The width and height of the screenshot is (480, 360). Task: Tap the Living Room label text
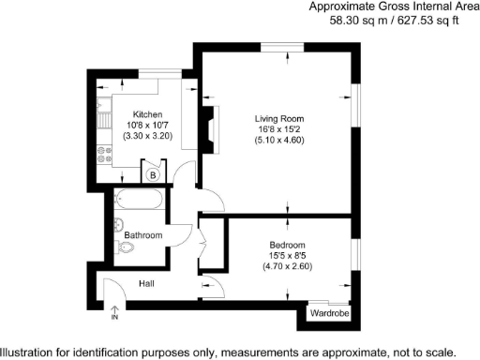tap(279, 118)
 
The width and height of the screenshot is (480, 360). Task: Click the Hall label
tap(147, 282)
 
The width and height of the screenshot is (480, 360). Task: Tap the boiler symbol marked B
tap(151, 173)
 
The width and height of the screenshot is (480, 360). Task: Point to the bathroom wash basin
tap(115, 224)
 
